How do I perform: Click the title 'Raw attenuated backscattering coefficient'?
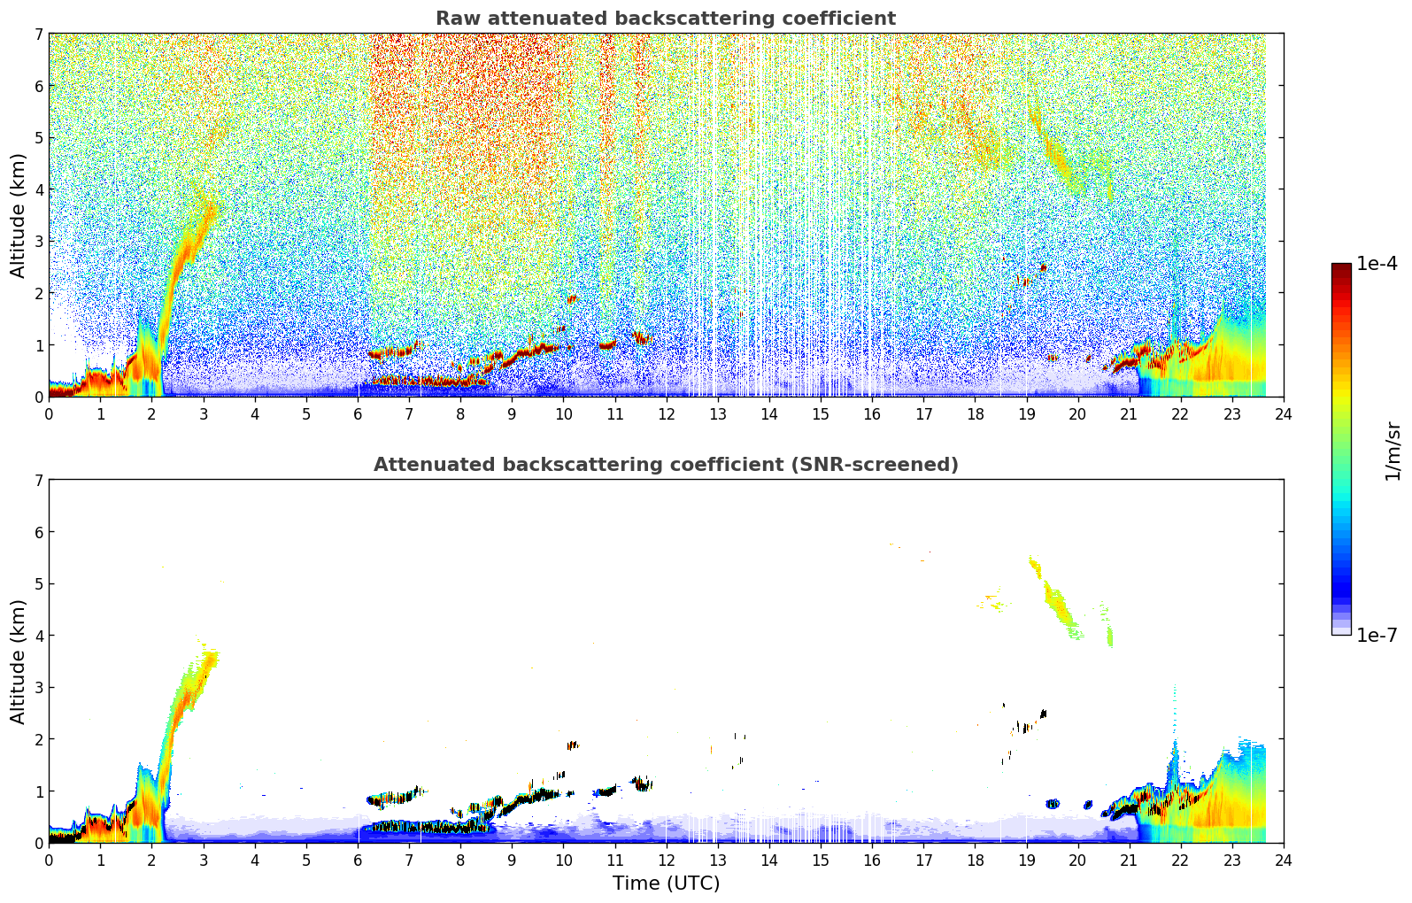[x=666, y=19]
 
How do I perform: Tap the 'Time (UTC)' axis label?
[x=666, y=883]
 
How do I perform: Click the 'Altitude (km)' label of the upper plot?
[x=18, y=216]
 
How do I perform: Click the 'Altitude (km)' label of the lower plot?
[x=18, y=661]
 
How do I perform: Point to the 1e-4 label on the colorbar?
[x=1377, y=264]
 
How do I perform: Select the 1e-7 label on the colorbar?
[x=1377, y=635]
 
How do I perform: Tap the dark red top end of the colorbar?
[x=1341, y=266]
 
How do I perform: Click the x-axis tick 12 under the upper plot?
[x=667, y=414]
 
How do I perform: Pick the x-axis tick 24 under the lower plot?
[x=1284, y=861]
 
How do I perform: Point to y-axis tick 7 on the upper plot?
[x=39, y=34]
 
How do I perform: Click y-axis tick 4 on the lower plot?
[x=39, y=636]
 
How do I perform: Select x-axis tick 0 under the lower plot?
[x=50, y=861]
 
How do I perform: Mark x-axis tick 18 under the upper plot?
[x=976, y=414]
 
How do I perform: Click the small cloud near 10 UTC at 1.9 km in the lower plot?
[x=573, y=745]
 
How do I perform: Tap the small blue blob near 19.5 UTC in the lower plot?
[x=1052, y=803]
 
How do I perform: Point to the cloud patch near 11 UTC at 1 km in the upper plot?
[x=607, y=345]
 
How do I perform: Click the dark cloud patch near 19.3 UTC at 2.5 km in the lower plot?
[x=1043, y=714]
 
